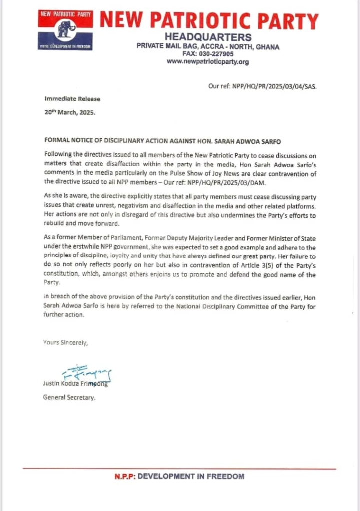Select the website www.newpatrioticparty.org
click(x=207, y=62)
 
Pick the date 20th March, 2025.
click(x=70, y=112)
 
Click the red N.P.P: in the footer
click(x=125, y=476)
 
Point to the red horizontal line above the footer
click(x=180, y=469)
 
